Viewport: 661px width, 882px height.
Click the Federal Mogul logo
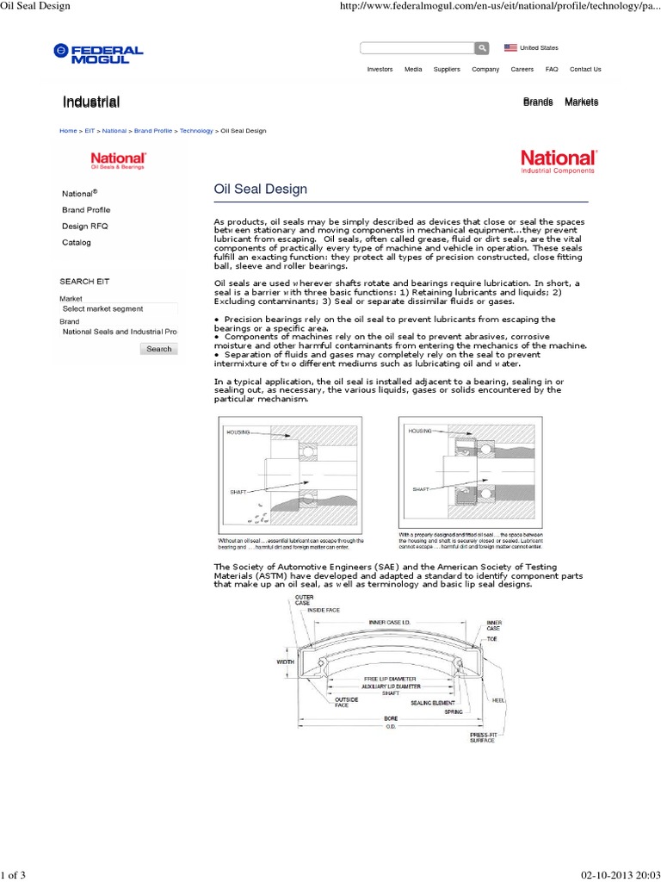coord(97,53)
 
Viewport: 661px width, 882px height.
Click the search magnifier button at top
coord(483,48)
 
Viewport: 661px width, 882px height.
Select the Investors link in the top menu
coord(380,69)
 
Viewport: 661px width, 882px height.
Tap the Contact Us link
coord(585,69)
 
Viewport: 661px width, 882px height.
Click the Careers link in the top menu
coord(522,69)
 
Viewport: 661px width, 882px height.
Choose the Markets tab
coord(581,102)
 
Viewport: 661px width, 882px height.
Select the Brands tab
coord(538,102)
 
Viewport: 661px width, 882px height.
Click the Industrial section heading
coord(90,102)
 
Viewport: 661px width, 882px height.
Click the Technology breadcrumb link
coord(196,131)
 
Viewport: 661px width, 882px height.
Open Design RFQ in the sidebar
coord(85,227)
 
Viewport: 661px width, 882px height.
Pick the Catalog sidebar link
coord(76,243)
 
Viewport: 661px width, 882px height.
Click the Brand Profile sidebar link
coord(86,210)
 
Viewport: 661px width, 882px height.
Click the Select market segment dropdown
coord(118,308)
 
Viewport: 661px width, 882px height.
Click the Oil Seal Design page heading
coord(260,189)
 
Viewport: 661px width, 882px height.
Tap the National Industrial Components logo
coord(557,161)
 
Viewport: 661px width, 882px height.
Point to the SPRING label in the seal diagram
coord(454,712)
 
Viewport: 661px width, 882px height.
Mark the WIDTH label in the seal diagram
coord(285,662)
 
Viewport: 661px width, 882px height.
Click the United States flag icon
coord(510,48)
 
